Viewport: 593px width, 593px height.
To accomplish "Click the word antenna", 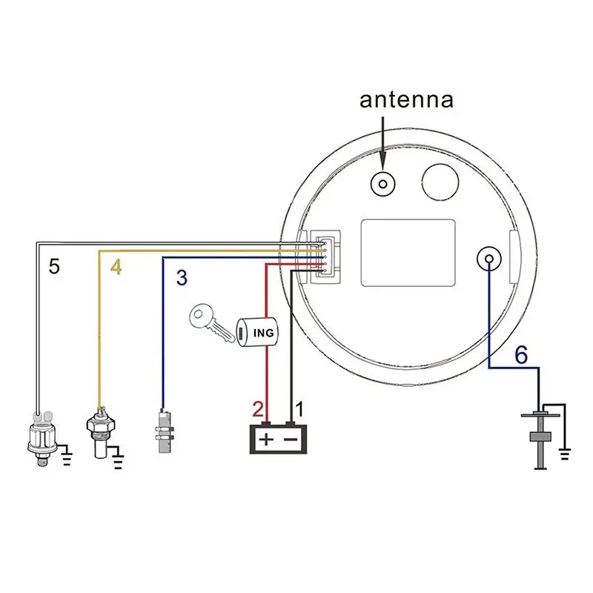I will coord(405,100).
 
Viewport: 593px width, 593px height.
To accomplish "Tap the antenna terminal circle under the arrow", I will coord(383,183).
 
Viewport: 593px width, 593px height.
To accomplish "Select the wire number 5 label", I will coord(53,266).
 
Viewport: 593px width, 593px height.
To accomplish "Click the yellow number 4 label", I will coord(116,268).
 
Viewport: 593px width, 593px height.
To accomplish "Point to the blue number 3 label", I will coord(182,279).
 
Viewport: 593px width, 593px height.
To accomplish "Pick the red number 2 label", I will coord(258,408).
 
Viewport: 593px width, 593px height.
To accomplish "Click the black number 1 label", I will coord(300,408).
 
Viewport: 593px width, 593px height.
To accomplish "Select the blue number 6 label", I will coord(521,355).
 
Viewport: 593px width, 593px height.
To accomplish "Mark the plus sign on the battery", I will coord(265,440).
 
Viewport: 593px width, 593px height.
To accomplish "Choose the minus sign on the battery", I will coord(291,440).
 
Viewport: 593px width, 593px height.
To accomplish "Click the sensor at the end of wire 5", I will coord(42,438).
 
